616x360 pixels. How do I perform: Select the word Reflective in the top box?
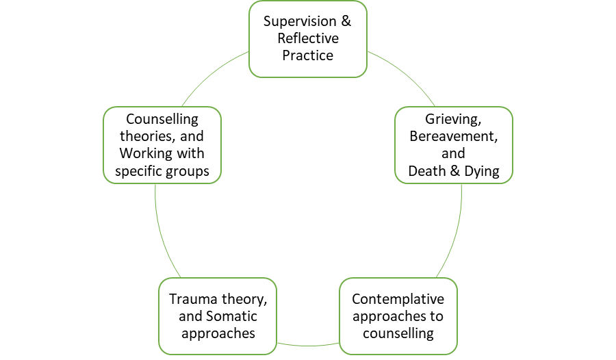pyautogui.click(x=308, y=38)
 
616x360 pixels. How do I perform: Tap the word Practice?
pyautogui.click(x=308, y=55)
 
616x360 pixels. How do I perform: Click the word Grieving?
pyautogui.click(x=453, y=118)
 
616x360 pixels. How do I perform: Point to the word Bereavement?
pyautogui.click(x=453, y=136)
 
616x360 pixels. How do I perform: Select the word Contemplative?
pyautogui.click(x=398, y=299)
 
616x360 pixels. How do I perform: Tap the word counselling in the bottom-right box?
pyautogui.click(x=398, y=334)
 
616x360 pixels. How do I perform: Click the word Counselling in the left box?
pyautogui.click(x=162, y=118)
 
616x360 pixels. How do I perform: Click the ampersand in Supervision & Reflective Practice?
pyautogui.click(x=346, y=21)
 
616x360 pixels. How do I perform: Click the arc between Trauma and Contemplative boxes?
pyautogui.click(x=308, y=342)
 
